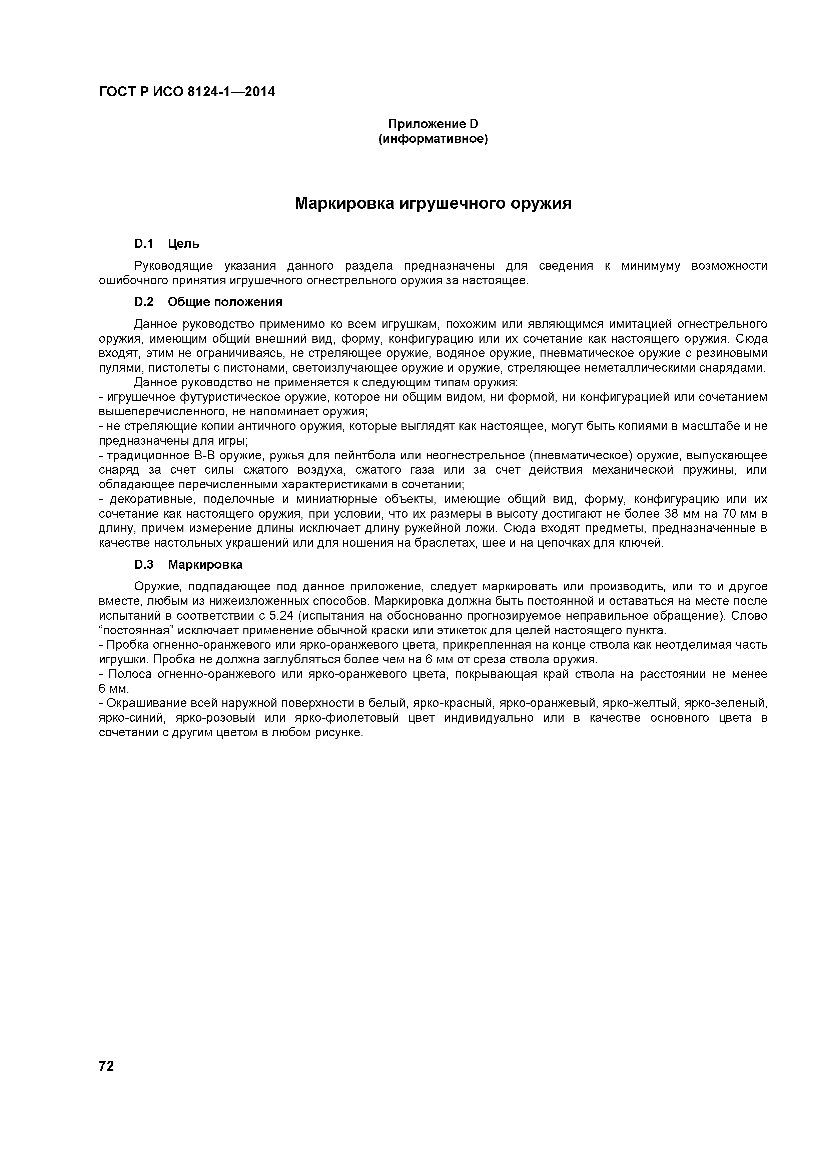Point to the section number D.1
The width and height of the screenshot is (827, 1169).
pyautogui.click(x=144, y=244)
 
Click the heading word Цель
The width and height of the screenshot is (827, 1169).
pyautogui.click(x=183, y=244)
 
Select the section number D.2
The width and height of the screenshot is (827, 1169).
pyautogui.click(x=144, y=302)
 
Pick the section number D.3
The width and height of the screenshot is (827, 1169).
pyautogui.click(x=144, y=565)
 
